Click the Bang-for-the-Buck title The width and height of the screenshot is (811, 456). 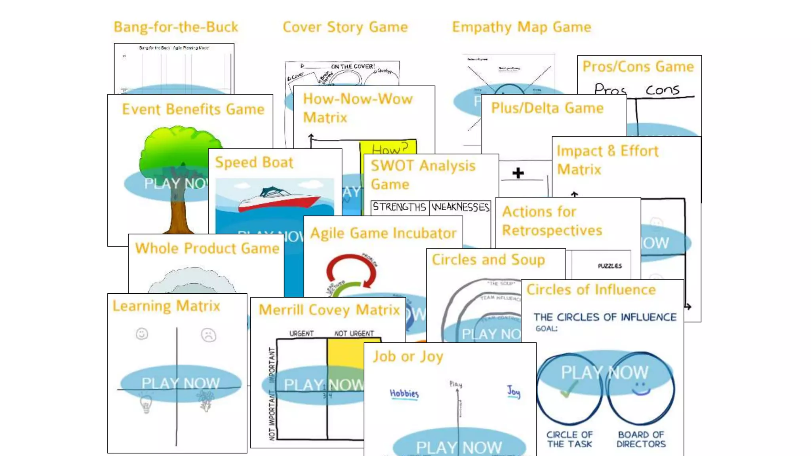click(x=176, y=27)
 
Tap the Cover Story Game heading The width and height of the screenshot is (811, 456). click(x=345, y=27)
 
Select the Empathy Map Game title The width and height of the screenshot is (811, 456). click(x=522, y=27)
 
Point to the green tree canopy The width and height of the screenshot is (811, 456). click(x=180, y=146)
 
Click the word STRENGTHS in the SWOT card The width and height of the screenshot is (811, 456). click(x=399, y=207)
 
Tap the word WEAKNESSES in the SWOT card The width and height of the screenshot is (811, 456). click(x=461, y=207)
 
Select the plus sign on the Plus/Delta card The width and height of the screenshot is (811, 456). click(x=518, y=173)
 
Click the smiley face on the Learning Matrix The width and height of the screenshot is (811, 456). click(x=142, y=334)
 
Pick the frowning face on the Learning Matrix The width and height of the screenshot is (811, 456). click(x=208, y=335)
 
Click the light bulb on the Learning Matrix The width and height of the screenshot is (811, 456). click(x=146, y=404)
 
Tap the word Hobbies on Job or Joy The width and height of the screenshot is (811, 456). click(x=404, y=393)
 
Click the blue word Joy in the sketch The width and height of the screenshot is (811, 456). click(x=514, y=391)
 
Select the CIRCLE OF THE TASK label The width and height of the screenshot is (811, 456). click(x=569, y=439)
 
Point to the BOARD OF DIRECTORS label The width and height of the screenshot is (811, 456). click(x=641, y=439)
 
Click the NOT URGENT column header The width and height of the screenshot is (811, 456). click(x=354, y=333)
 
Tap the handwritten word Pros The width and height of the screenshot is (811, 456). click(x=610, y=90)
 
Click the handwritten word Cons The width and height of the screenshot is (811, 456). click(x=663, y=90)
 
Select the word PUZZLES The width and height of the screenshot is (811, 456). click(x=609, y=266)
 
